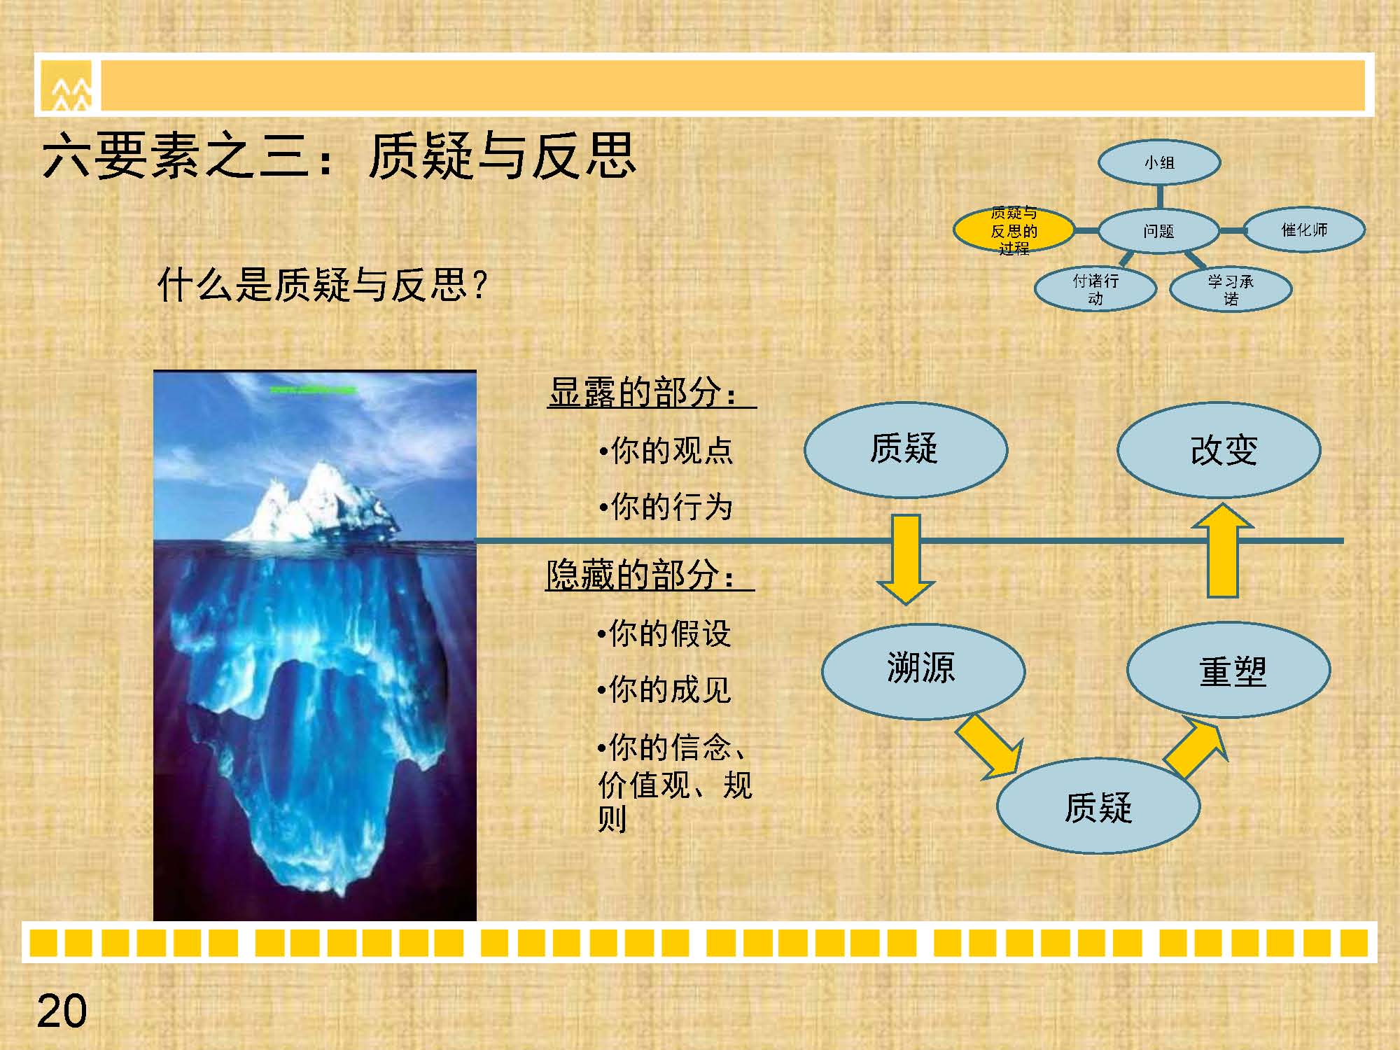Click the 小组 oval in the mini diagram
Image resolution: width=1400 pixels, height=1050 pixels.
[x=1159, y=162]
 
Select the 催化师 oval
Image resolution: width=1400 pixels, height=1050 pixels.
[x=1304, y=230]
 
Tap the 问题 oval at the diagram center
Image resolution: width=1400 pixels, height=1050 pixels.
[x=1159, y=230]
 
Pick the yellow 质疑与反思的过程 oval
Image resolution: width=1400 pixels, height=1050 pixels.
[x=1014, y=230]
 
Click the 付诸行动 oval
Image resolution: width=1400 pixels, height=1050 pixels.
[x=1095, y=288]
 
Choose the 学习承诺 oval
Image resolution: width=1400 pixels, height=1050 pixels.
[x=1231, y=288]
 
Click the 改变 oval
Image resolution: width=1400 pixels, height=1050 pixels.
[x=1219, y=450]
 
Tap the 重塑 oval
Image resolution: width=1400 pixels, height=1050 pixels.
[x=1228, y=670]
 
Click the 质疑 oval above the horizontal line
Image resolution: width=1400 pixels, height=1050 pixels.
[x=906, y=449]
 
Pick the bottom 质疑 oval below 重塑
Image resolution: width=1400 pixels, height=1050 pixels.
[x=1098, y=806]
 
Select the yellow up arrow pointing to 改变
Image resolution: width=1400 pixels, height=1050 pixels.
[x=1223, y=550]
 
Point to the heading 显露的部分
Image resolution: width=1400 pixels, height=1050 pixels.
[x=643, y=392]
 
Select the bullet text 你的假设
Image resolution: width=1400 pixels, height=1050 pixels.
[x=664, y=633]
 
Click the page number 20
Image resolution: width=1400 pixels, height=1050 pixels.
[x=62, y=1011]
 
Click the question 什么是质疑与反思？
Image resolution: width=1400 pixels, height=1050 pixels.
[x=322, y=285]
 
